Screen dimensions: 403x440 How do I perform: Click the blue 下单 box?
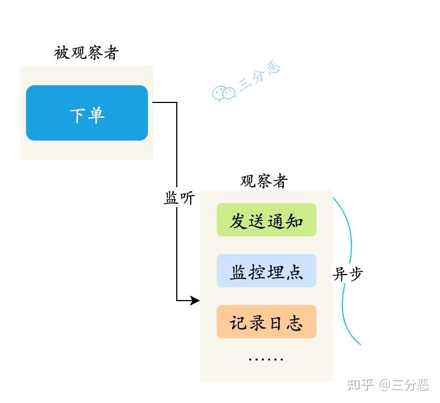[87, 113]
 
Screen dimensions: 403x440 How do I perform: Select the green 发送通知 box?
[266, 220]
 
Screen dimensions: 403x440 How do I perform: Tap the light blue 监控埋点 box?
[266, 271]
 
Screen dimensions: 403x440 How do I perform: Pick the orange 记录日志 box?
[266, 322]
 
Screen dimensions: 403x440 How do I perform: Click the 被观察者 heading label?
[86, 53]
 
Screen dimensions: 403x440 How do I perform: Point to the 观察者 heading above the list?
[264, 181]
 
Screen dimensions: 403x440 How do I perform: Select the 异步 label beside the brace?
[348, 273]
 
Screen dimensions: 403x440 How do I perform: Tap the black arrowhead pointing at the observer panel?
[195, 301]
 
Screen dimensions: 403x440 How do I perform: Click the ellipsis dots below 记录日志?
[266, 359]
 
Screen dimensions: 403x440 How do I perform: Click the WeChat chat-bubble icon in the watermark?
[223, 93]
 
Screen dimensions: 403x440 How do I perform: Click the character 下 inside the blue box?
[78, 115]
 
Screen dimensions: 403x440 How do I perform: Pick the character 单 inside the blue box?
[96, 115]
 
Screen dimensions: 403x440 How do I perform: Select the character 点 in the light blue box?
[294, 272]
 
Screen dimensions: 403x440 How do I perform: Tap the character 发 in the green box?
[238, 221]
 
